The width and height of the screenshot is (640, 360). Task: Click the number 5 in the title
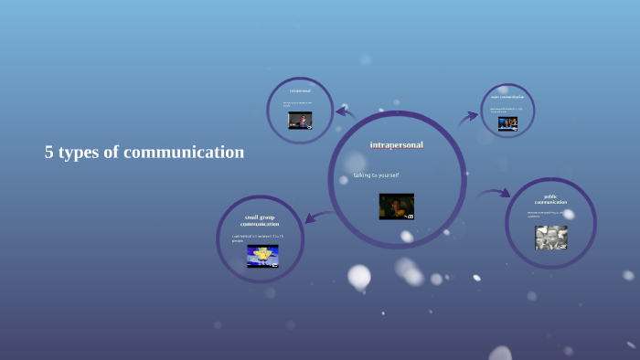49,153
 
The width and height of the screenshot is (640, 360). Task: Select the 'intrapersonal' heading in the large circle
397,145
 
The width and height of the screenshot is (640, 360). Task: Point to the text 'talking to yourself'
377,175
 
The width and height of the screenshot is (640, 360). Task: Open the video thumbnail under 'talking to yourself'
397,206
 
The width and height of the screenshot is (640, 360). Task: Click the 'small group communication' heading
260,220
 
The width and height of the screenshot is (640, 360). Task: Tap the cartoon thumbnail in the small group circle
262,256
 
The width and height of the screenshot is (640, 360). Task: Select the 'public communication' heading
550,199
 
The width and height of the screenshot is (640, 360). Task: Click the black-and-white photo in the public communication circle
551,238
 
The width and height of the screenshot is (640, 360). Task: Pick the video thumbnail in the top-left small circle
300,121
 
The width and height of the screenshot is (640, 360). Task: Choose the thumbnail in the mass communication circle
507,122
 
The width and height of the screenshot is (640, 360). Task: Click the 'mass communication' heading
507,96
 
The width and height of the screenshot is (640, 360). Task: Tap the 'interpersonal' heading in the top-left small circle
300,91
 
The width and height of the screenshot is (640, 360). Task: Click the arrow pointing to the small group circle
315,217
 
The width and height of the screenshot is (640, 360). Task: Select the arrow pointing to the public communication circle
495,193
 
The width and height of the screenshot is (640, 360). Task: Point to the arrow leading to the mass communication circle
468,117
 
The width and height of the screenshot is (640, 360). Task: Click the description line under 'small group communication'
258,238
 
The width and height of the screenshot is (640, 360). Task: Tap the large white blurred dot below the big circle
359,275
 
